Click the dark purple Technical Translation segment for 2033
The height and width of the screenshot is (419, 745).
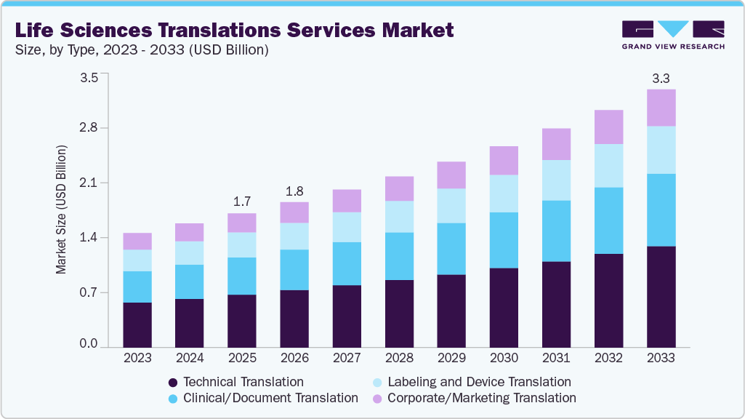[661, 297]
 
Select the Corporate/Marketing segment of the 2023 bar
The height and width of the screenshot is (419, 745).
[137, 241]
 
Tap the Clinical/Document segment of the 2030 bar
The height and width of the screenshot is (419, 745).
[504, 240]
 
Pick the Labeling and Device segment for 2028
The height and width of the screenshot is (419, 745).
[399, 217]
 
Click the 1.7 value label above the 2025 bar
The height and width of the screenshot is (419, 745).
[242, 201]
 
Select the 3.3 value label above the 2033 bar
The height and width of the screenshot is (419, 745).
[661, 77]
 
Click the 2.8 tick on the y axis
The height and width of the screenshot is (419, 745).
[89, 128]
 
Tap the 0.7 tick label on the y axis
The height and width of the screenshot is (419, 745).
[89, 292]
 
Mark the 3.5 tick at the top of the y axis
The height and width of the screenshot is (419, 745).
[89, 78]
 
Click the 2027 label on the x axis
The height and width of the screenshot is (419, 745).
[347, 358]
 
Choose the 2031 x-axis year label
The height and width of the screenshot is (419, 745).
[556, 358]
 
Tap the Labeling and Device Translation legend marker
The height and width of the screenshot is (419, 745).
[376, 382]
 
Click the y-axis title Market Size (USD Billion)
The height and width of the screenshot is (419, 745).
[61, 209]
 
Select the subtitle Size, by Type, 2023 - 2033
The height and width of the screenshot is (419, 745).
[142, 50]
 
